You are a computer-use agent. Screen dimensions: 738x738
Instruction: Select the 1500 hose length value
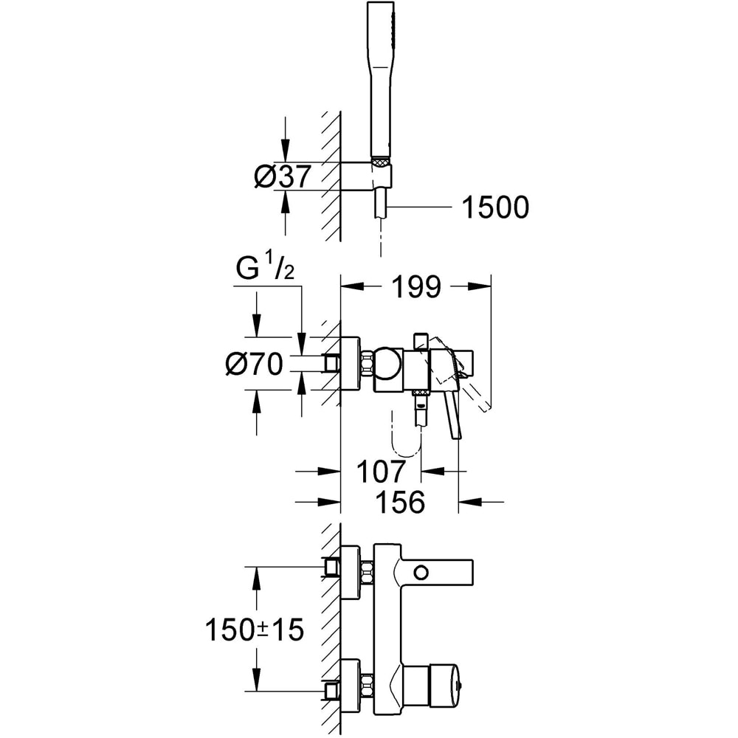click(495, 208)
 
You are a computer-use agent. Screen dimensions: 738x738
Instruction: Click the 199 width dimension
click(415, 287)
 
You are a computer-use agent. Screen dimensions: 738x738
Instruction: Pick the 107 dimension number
click(381, 471)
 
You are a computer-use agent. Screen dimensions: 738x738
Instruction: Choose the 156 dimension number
click(401, 503)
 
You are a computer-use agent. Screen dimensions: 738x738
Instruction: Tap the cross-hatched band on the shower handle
click(381, 159)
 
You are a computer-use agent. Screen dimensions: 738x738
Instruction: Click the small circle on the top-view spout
click(421, 572)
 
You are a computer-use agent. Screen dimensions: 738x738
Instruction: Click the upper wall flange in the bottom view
click(350, 567)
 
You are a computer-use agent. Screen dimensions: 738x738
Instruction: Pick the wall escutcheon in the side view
click(350, 363)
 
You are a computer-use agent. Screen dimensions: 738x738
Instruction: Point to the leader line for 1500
click(421, 209)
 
